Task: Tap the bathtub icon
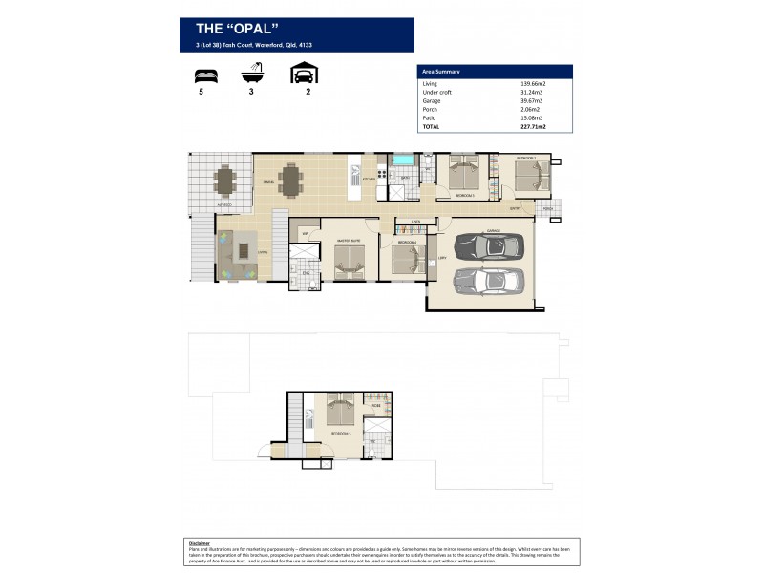(x=252, y=73)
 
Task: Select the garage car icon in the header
(x=304, y=73)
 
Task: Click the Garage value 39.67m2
(x=533, y=100)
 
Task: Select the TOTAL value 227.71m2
(x=534, y=125)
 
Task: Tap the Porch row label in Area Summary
(x=430, y=109)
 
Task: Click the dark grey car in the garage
(x=489, y=246)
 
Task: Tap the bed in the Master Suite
(x=349, y=261)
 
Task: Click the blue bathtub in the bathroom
(x=402, y=159)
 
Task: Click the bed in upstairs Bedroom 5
(x=339, y=411)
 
